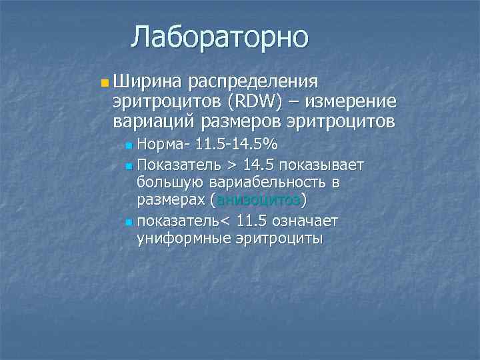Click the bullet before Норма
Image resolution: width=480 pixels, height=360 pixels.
pos(129,145)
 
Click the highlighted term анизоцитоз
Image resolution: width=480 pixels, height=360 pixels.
pos(259,201)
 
